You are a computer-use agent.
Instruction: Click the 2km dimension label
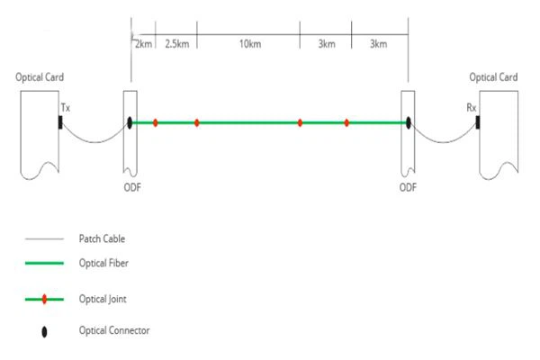tap(143, 44)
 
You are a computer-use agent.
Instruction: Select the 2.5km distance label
tap(177, 44)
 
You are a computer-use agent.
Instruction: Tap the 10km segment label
tap(250, 44)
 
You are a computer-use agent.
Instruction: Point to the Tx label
tap(66, 108)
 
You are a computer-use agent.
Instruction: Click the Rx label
tap(472, 108)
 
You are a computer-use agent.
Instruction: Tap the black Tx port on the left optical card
tap(60, 122)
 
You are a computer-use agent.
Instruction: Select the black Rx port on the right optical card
tap(478, 122)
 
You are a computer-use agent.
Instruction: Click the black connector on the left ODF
tap(130, 122)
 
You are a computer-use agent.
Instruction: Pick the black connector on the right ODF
tap(409, 122)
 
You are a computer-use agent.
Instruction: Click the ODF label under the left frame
tap(132, 187)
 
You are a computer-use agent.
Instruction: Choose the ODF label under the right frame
tap(408, 187)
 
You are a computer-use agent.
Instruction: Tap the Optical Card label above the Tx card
tap(40, 77)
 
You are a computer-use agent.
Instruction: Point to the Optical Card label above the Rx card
tap(493, 77)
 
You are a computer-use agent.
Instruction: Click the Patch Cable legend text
tap(102, 238)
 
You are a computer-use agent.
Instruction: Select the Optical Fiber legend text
tap(103, 263)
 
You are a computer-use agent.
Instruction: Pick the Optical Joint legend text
tap(103, 299)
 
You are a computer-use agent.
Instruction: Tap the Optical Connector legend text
tap(114, 330)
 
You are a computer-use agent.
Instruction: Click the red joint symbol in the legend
tap(44, 299)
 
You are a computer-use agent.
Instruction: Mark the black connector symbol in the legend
tap(44, 332)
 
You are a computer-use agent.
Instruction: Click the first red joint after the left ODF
tap(156, 122)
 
